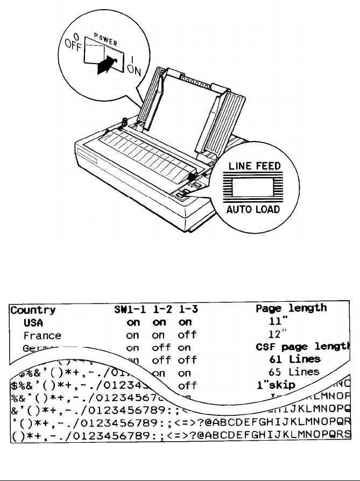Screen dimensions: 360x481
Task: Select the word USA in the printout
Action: click(33, 322)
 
